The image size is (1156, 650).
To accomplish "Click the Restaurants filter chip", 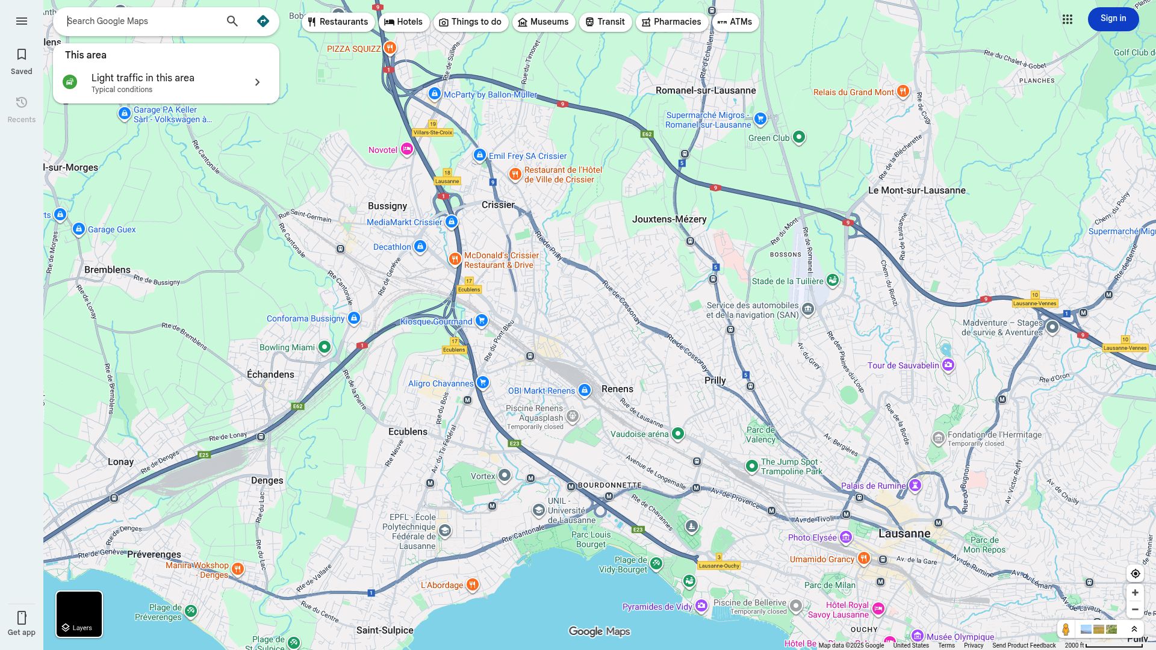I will pyautogui.click(x=338, y=22).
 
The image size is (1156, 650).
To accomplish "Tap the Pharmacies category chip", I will pyautogui.click(x=671, y=22).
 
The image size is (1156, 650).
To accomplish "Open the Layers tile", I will pyautogui.click(x=79, y=614).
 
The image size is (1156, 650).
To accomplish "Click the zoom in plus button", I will pyautogui.click(x=1135, y=593).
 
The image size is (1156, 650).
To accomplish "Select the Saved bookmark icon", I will pyautogui.click(x=22, y=55).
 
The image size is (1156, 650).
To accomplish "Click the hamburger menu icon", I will pyautogui.click(x=22, y=21).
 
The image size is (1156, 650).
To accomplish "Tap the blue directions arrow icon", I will pyautogui.click(x=263, y=21).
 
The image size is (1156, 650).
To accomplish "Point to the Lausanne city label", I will pyautogui.click(x=904, y=533).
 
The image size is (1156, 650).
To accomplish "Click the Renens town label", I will pyautogui.click(x=617, y=389).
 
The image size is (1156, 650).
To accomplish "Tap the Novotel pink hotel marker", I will pyautogui.click(x=407, y=149).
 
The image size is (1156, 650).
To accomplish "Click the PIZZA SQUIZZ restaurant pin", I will pyautogui.click(x=390, y=48).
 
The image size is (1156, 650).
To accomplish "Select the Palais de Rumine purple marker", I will pyautogui.click(x=915, y=485).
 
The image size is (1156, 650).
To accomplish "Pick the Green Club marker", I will pyautogui.click(x=799, y=137).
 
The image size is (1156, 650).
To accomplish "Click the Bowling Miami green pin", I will pyautogui.click(x=325, y=347).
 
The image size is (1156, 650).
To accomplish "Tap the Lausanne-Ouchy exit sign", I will pyautogui.click(x=719, y=566).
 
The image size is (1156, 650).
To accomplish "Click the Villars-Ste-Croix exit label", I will pyautogui.click(x=433, y=132).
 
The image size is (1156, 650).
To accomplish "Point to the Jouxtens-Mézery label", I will pyautogui.click(x=669, y=219).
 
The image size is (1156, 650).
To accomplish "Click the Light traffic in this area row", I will pyautogui.click(x=166, y=82).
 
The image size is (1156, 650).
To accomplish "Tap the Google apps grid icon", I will pyautogui.click(x=1067, y=19).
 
